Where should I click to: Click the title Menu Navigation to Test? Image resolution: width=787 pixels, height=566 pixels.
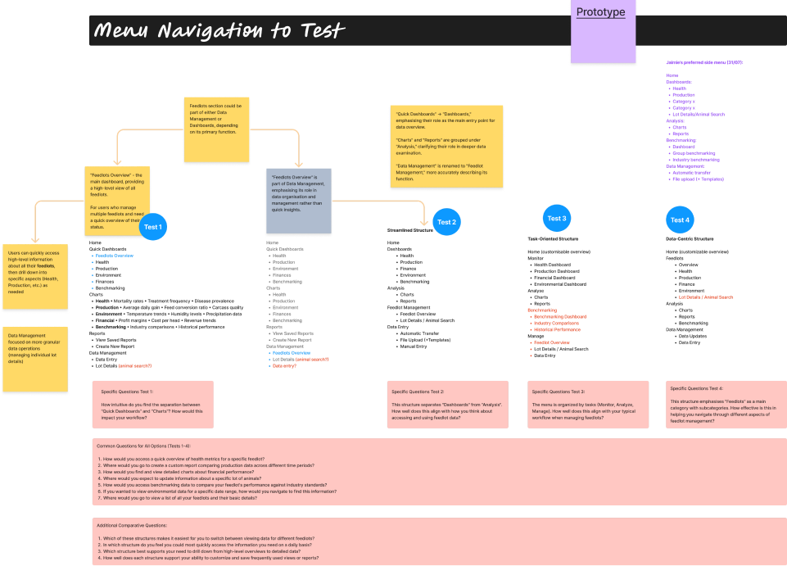click(219, 31)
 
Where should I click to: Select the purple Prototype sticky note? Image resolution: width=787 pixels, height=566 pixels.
click(603, 31)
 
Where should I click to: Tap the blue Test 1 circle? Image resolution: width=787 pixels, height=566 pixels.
click(153, 227)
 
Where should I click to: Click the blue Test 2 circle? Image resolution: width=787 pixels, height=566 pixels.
click(446, 222)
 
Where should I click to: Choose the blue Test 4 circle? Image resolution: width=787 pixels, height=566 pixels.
click(680, 220)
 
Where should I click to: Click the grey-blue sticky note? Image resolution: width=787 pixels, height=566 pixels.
click(298, 200)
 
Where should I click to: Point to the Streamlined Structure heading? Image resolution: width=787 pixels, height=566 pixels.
click(410, 231)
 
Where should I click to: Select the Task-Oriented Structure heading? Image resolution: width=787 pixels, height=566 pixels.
click(559, 239)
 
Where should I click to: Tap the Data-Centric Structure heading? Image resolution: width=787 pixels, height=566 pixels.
click(690, 239)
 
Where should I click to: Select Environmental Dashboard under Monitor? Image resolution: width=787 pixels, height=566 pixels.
click(563, 284)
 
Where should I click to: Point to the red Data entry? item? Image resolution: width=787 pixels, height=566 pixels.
click(285, 366)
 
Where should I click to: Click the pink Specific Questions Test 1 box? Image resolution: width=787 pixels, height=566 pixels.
click(152, 404)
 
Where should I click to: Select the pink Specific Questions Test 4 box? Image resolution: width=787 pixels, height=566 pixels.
click(726, 404)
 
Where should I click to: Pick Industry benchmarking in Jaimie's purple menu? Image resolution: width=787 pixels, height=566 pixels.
click(697, 160)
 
